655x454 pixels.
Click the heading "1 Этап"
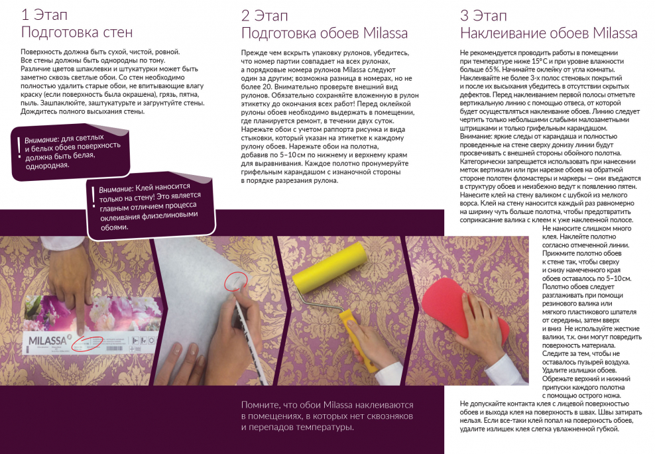(x=44, y=15)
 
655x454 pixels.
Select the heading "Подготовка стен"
(x=77, y=32)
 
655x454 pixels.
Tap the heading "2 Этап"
(x=265, y=16)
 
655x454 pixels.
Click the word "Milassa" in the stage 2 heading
(x=385, y=33)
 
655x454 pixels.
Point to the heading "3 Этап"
(x=483, y=16)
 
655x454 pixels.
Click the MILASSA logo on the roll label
(x=48, y=341)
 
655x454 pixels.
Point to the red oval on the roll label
(x=88, y=344)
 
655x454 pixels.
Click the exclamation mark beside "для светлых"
(x=19, y=147)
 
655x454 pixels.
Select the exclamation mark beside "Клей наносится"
(x=93, y=197)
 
